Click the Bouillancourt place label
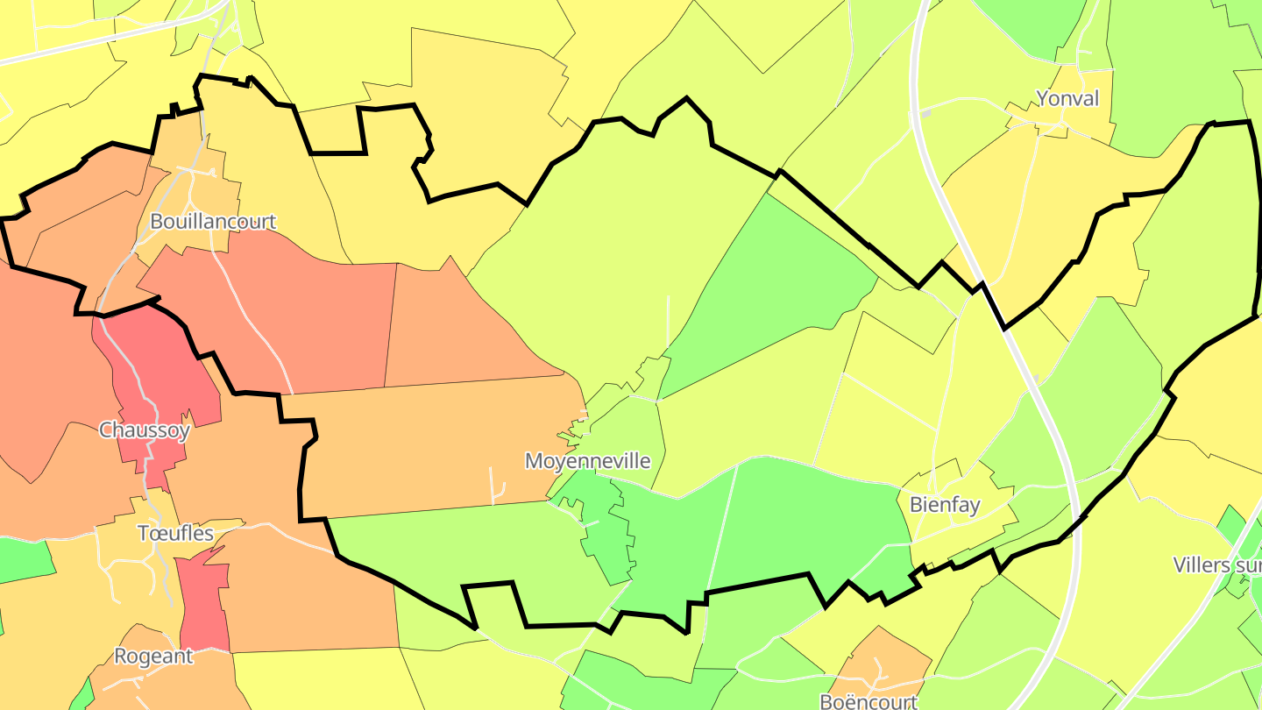213,221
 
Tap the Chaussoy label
145,430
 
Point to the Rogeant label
153,656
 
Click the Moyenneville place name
588,461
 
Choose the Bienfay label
945,504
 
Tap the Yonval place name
1067,98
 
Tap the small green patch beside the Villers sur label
1232,526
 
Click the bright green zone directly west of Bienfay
815,517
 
